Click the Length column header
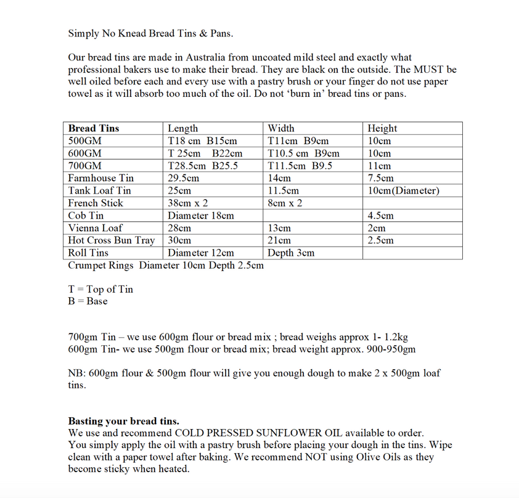pyautogui.click(x=182, y=128)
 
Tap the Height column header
pyautogui.click(x=382, y=128)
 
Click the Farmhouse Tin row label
pyautogui.click(x=100, y=178)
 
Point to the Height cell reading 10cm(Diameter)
pyautogui.click(x=403, y=190)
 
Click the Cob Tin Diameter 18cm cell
pyautogui.click(x=200, y=216)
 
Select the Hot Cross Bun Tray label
pyautogui.click(x=111, y=240)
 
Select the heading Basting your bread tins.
pyautogui.click(x=123, y=422)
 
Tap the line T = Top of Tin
pyautogui.click(x=100, y=289)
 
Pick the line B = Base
pyautogui.click(x=88, y=301)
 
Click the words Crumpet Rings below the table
pyautogui.click(x=101, y=265)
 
